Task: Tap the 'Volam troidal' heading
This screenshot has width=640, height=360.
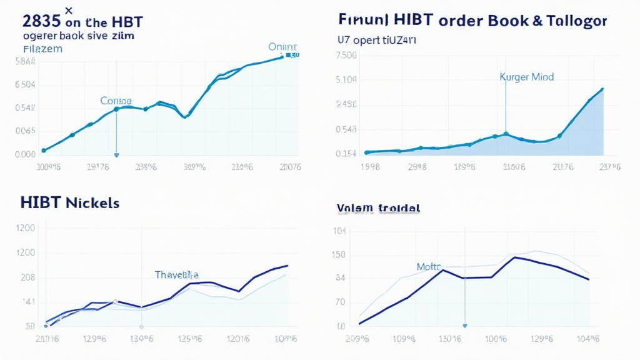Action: [x=378, y=208]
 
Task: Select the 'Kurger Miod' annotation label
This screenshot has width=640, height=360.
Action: [x=526, y=77]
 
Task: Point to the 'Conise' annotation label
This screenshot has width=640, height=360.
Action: [x=116, y=101]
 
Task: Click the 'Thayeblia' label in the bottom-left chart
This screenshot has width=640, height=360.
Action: [x=177, y=274]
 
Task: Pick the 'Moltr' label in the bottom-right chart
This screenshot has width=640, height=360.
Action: [x=429, y=267]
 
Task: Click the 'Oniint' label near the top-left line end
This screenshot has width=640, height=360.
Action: [x=283, y=47]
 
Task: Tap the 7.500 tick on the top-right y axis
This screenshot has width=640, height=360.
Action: [x=346, y=55]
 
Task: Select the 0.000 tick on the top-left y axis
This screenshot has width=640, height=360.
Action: [x=24, y=154]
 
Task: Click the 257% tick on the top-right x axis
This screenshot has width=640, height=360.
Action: [x=609, y=167]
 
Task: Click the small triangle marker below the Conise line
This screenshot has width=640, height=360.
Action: [x=116, y=154]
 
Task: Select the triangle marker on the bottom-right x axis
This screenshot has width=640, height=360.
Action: [x=464, y=326]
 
